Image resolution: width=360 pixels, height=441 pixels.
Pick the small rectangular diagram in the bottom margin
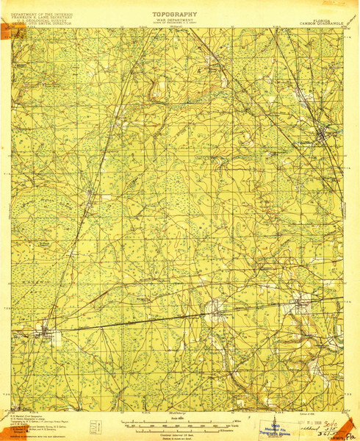click(93, 426)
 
